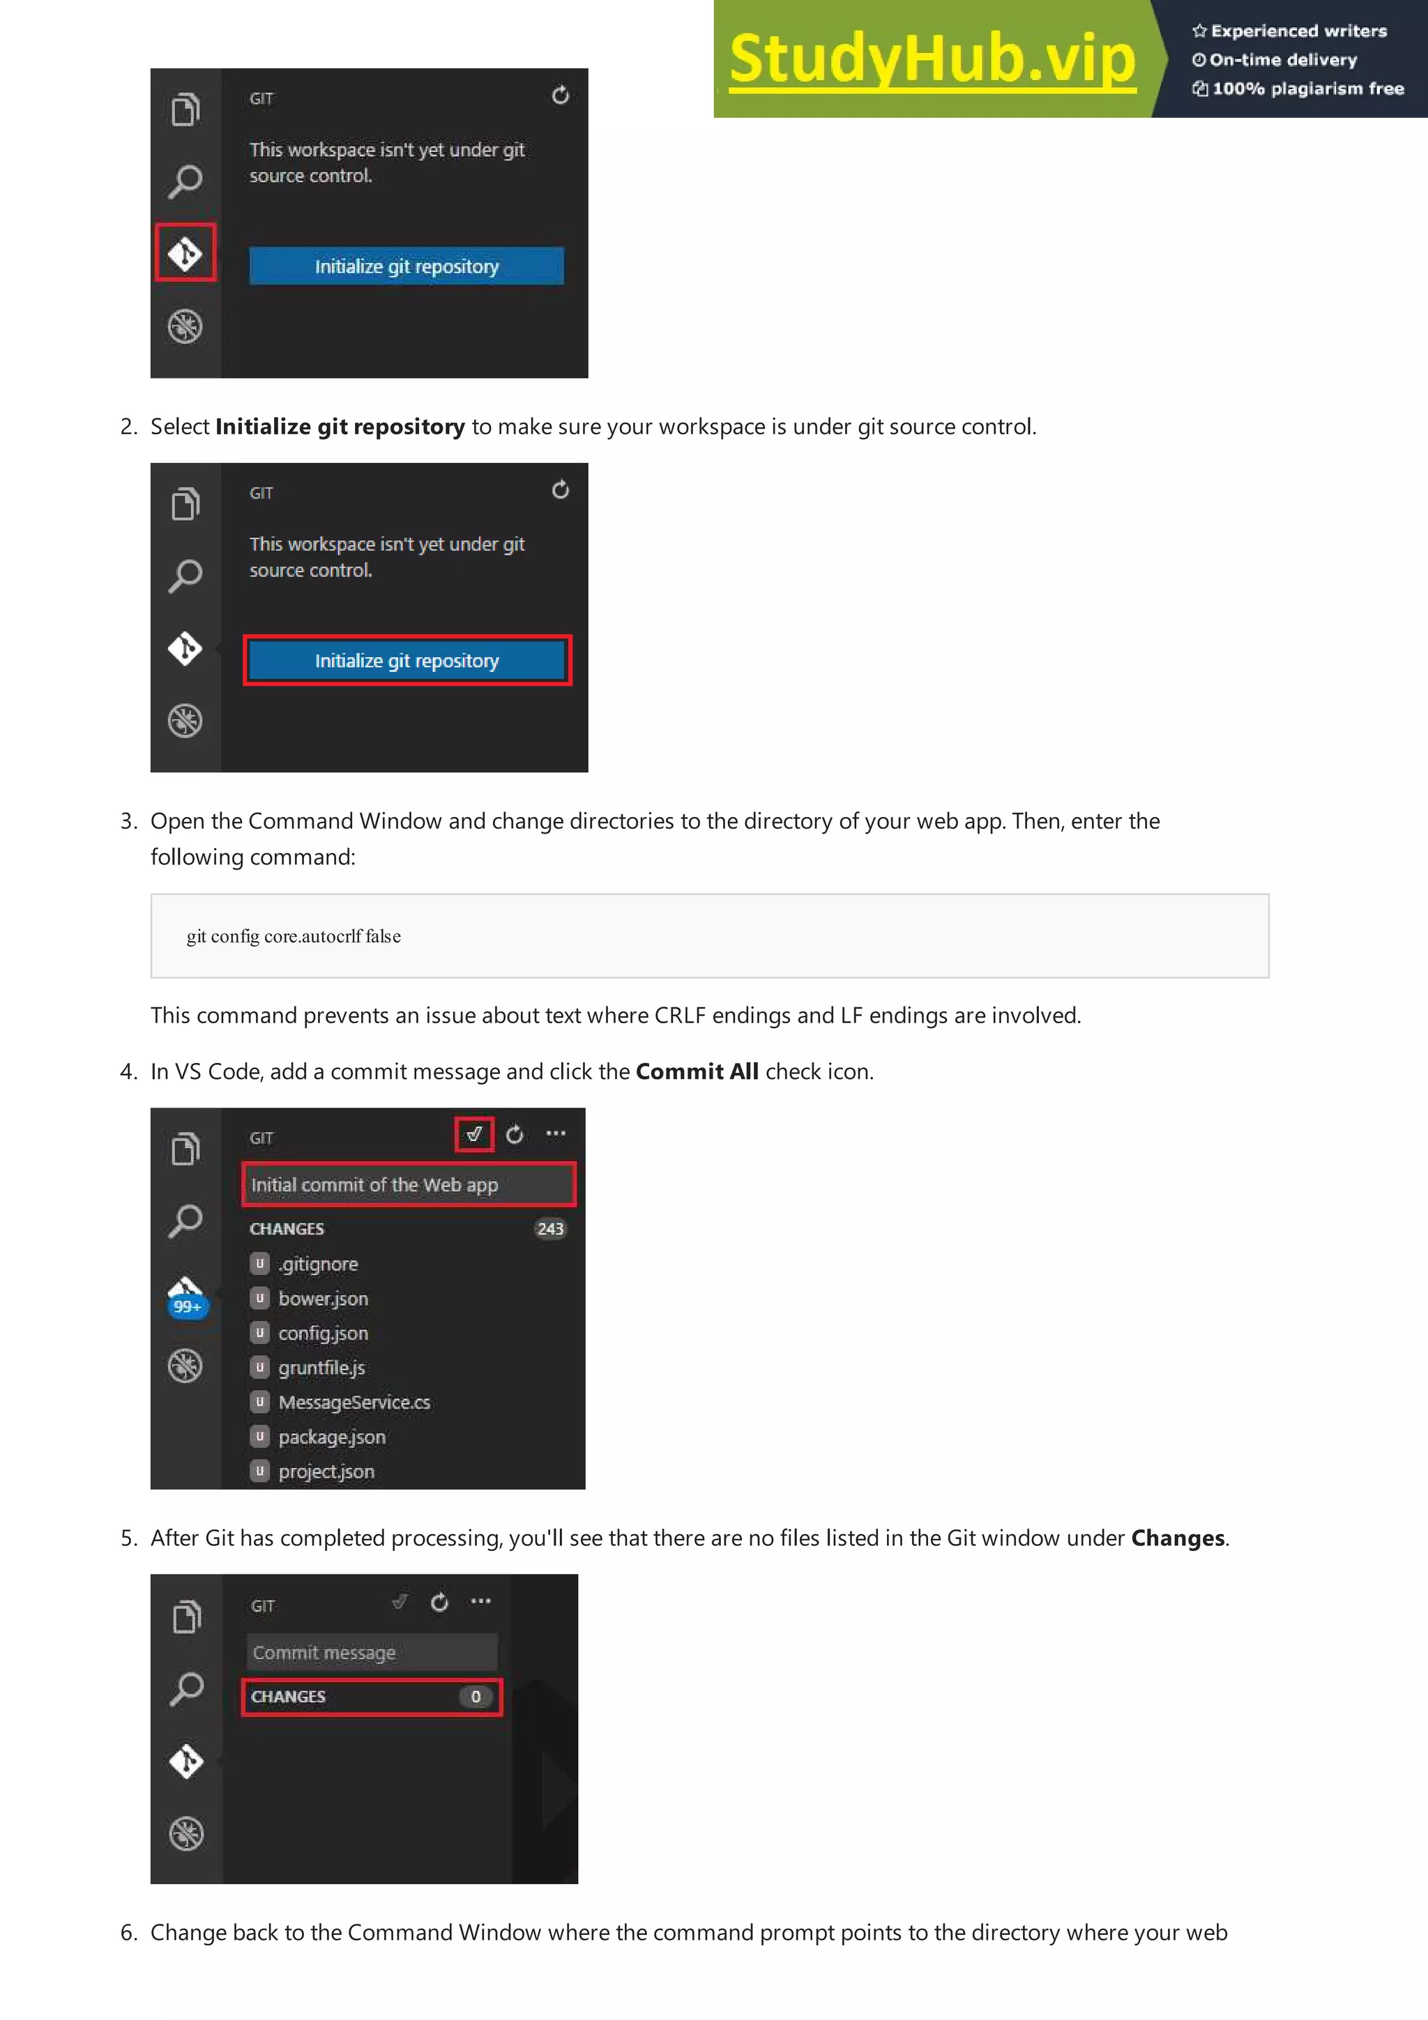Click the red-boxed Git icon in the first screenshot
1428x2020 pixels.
(x=185, y=254)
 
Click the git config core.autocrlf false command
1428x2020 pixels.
(x=293, y=936)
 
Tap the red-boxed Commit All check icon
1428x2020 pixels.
(x=474, y=1134)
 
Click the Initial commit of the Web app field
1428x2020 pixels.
(x=409, y=1185)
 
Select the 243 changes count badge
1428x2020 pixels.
(x=550, y=1229)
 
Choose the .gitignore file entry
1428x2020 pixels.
(x=318, y=1264)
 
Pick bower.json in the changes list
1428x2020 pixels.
(x=323, y=1299)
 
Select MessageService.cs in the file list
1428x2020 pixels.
(x=354, y=1402)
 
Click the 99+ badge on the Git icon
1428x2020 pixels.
(x=188, y=1306)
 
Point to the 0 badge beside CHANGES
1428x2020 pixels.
(x=475, y=1697)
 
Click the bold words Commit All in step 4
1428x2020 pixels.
(x=697, y=1071)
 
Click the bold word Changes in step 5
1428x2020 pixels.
(x=1177, y=1538)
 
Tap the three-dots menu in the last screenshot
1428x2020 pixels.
(x=480, y=1601)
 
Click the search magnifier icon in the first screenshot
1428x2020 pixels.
(x=185, y=181)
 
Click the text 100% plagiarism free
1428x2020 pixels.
(x=1307, y=89)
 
